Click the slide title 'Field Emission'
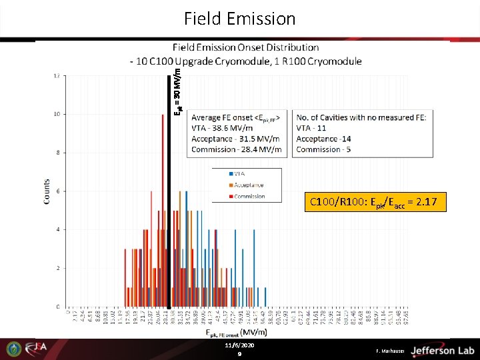click(239, 19)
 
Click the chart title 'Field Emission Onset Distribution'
click(245, 47)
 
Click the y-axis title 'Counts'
click(47, 191)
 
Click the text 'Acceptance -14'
click(323, 139)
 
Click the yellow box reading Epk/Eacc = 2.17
click(375, 201)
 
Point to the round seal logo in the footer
click(13, 349)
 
